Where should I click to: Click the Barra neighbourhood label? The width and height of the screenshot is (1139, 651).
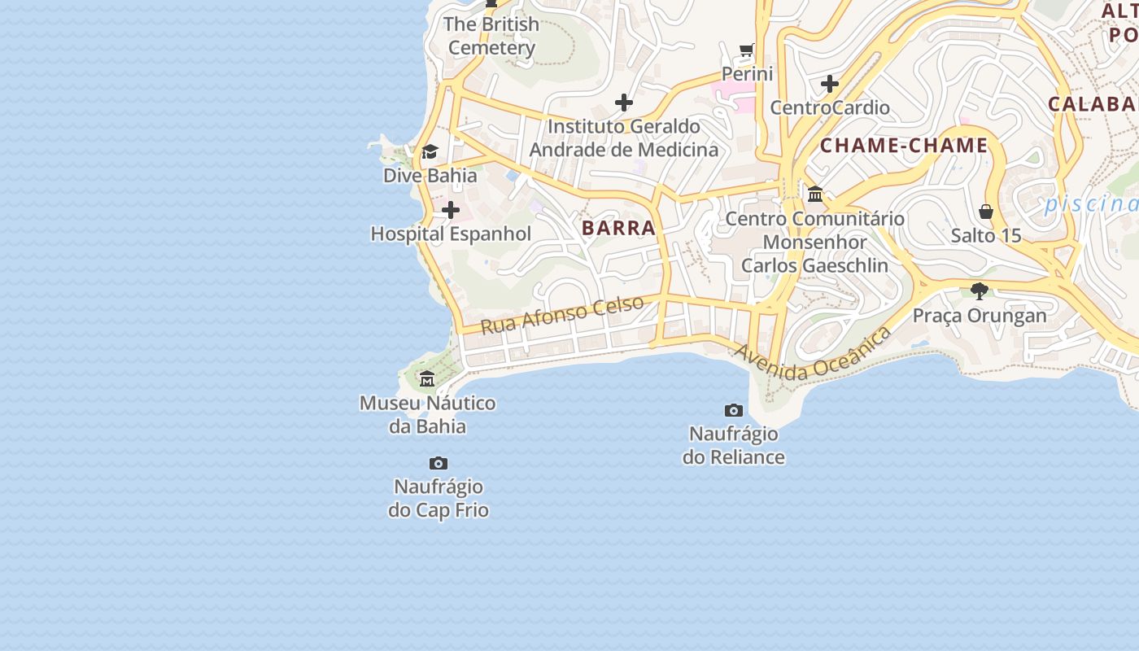tap(618, 228)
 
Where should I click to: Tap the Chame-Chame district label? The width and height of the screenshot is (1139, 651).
tap(904, 146)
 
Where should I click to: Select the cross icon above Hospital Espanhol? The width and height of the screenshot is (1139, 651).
tap(450, 211)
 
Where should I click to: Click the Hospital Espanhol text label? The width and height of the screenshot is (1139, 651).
tap(451, 234)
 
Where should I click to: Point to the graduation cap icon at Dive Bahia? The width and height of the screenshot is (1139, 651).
tap(430, 152)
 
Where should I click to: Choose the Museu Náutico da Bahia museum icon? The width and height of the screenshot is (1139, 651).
tap(427, 378)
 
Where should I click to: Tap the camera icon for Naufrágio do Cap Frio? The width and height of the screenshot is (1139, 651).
tap(439, 463)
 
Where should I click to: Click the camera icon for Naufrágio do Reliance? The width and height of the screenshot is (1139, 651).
tap(734, 410)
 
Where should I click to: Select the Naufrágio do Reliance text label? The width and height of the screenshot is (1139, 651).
tap(734, 445)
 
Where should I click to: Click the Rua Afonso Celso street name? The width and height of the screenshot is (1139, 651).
tap(562, 315)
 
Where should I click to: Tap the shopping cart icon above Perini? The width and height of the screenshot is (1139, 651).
tap(747, 50)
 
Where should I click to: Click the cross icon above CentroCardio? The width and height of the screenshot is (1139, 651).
tap(830, 84)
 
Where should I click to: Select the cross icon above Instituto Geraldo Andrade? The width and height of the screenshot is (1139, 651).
tap(624, 103)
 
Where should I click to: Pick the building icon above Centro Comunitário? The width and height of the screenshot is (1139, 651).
tap(815, 194)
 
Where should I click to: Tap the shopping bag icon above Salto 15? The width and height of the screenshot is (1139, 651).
tap(986, 212)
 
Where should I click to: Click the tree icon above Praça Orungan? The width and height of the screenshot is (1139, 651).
tap(980, 291)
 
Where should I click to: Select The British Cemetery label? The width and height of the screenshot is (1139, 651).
tap(492, 36)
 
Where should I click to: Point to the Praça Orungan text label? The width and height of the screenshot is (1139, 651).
tap(980, 316)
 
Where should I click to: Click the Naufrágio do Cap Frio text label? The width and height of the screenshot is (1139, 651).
tap(439, 499)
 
